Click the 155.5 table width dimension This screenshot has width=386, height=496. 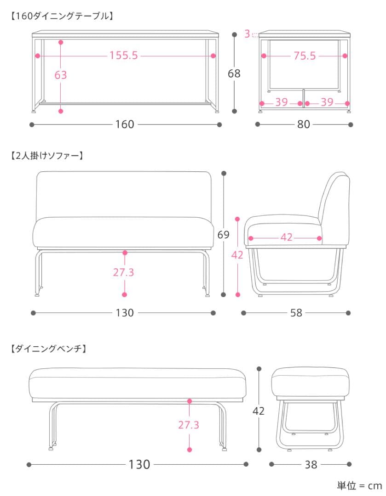pyautogui.click(x=124, y=56)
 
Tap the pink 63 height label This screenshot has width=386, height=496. pyautogui.click(x=61, y=75)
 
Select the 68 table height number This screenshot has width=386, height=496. pyautogui.click(x=234, y=73)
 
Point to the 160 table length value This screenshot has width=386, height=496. pyautogui.click(x=125, y=124)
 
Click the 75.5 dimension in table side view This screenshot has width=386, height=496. pyautogui.click(x=305, y=56)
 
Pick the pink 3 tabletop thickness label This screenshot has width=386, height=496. pyautogui.click(x=247, y=34)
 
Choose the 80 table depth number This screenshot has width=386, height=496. pyautogui.click(x=304, y=124)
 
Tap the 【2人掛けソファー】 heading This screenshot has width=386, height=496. pyautogui.click(x=46, y=156)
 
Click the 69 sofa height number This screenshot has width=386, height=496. pyautogui.click(x=224, y=235)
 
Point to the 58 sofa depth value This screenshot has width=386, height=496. pyautogui.click(x=296, y=313)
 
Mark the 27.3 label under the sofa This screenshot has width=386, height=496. pyautogui.click(x=124, y=272)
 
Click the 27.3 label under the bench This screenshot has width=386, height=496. pyautogui.click(x=189, y=425)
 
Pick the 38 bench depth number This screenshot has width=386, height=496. pyautogui.click(x=311, y=464)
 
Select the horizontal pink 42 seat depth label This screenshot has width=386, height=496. pyautogui.click(x=286, y=238)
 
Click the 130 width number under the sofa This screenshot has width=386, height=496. pyautogui.click(x=125, y=313)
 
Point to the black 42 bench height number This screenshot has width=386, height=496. pyautogui.click(x=259, y=411)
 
